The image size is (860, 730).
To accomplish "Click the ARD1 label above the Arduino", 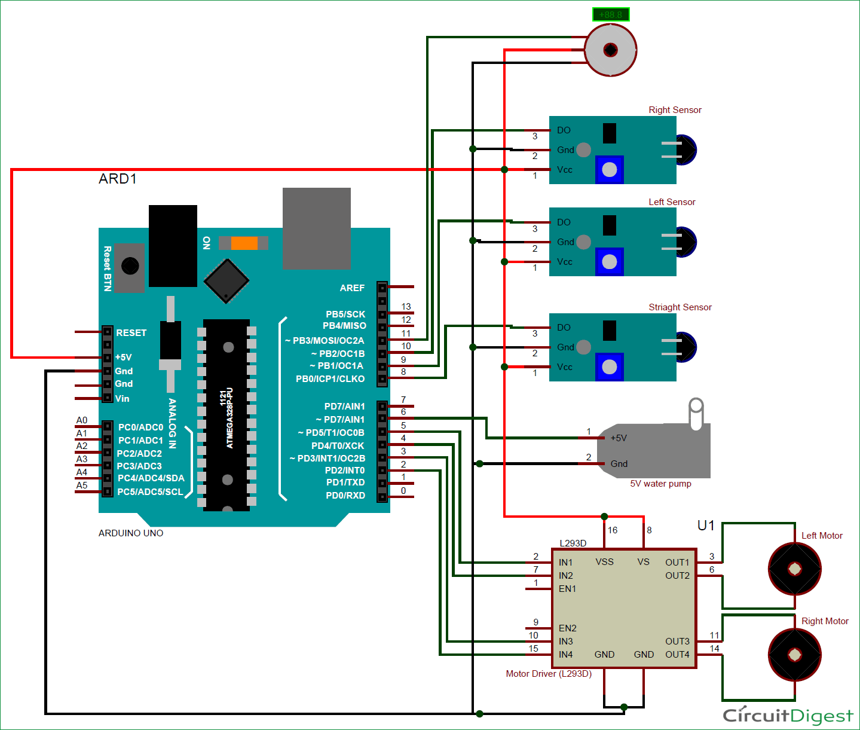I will point(118,179).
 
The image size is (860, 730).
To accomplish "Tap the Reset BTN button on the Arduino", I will point(130,266).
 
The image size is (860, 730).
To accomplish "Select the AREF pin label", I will point(352,288).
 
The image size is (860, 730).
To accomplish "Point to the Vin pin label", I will point(122,398).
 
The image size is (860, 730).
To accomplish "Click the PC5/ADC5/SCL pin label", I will point(150,491).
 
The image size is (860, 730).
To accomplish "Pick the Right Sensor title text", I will point(675,110).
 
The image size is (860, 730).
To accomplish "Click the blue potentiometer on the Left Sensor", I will point(609,262).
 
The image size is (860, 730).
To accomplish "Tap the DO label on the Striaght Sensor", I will point(564,328).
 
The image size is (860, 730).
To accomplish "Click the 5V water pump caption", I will point(660,484).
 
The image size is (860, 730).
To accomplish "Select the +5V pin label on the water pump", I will point(619,438).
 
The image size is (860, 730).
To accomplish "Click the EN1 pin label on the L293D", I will point(567,589).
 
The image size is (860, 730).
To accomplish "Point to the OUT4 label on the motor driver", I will point(677,655).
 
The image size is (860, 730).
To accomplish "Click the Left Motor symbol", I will point(794,569).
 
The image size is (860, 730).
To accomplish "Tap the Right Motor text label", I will point(825,621).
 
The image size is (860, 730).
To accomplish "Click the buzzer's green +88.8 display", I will point(610,14).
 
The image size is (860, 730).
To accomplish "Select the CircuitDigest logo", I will point(788,715).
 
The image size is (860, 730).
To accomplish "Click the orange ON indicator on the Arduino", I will point(244,243).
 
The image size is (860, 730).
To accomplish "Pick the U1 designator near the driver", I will point(706,526).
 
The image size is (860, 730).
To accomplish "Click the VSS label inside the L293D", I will point(604,562).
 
